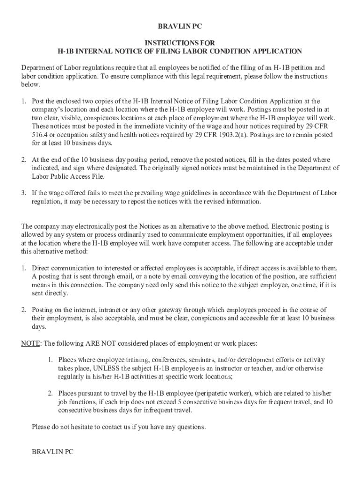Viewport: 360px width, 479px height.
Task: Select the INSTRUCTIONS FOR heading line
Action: click(180, 43)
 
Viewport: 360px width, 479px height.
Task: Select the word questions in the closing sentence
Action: click(189, 427)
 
